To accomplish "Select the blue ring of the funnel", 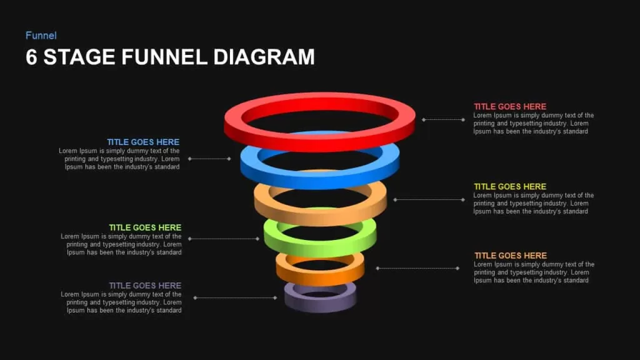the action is [319, 179].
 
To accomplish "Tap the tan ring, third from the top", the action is [320, 216].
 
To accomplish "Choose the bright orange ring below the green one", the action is [320, 277].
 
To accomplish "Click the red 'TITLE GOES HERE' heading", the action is [510, 106].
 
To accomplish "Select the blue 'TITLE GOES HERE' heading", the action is [143, 142].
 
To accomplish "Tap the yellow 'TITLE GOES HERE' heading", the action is [510, 186].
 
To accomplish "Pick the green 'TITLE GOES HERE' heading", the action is [145, 227].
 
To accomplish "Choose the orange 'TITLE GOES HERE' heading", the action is [510, 256].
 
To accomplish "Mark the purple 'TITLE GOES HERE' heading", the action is [145, 285].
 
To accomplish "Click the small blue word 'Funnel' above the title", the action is [41, 36].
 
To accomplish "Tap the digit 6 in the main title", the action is [31, 57].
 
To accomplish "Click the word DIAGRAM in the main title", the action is [264, 57].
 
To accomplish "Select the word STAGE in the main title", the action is [79, 57].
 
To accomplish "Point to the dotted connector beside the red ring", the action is [444, 119].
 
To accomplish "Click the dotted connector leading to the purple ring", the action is [236, 297].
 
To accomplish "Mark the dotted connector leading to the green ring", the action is [224, 238].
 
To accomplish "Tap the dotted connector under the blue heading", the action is [209, 158].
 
